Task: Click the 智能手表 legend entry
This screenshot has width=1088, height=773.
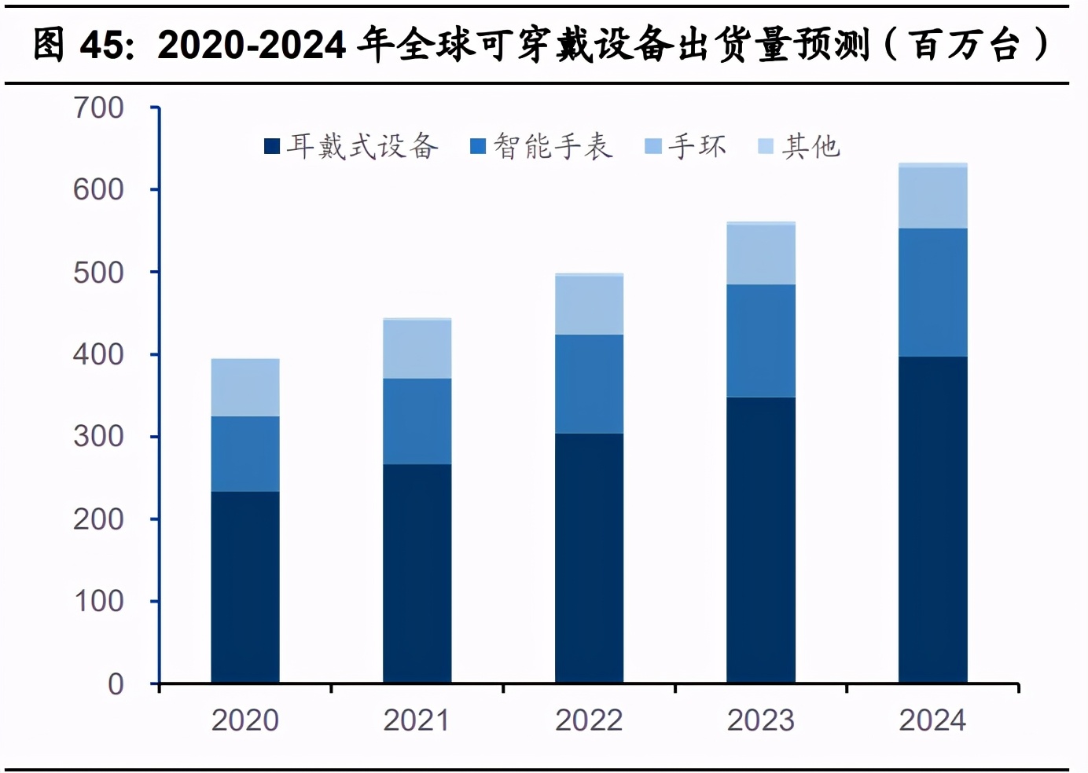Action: tap(542, 147)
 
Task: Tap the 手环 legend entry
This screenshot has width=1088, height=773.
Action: tap(686, 147)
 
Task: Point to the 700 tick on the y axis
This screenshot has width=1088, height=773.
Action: tap(99, 108)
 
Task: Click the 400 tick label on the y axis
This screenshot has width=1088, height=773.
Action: tap(99, 354)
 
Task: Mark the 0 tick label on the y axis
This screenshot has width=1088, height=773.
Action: tap(116, 683)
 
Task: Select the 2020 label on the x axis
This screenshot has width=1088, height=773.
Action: tap(245, 720)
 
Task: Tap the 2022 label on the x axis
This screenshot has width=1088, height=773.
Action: tap(589, 720)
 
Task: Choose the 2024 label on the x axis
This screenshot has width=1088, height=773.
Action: tap(932, 720)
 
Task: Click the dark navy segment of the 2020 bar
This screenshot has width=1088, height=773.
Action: tap(245, 587)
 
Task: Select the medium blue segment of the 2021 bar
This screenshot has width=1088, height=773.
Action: tap(417, 421)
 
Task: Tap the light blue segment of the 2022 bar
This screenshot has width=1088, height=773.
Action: tap(589, 306)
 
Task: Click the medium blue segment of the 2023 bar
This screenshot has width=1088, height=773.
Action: tap(761, 340)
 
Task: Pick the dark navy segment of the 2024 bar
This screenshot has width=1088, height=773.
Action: tap(932, 519)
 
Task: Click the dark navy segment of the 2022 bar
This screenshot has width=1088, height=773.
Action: tap(589, 558)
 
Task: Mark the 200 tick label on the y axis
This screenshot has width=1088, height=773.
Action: tap(99, 519)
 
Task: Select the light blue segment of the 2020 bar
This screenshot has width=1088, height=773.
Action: tap(245, 387)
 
